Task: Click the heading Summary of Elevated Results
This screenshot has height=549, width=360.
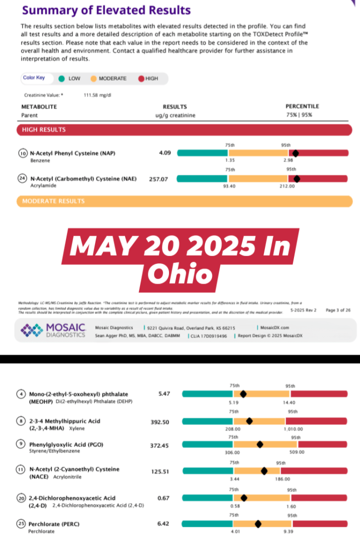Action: coord(106,10)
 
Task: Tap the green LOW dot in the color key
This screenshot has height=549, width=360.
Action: coord(62,78)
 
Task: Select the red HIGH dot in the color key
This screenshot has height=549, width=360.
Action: coord(141,78)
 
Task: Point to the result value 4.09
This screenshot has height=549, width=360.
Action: coord(165,153)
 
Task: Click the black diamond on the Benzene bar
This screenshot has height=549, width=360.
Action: coord(296,153)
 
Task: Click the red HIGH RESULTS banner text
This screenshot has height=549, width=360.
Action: coord(44,130)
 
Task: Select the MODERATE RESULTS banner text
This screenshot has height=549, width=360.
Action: coord(53,201)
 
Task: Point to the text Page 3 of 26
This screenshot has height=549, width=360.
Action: coord(338,310)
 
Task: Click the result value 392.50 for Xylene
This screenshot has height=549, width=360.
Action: coord(160,422)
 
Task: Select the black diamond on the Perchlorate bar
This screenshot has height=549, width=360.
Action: coord(258,524)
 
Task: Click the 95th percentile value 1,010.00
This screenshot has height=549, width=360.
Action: coord(293,429)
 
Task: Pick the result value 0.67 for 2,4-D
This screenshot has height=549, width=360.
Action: coord(164,498)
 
